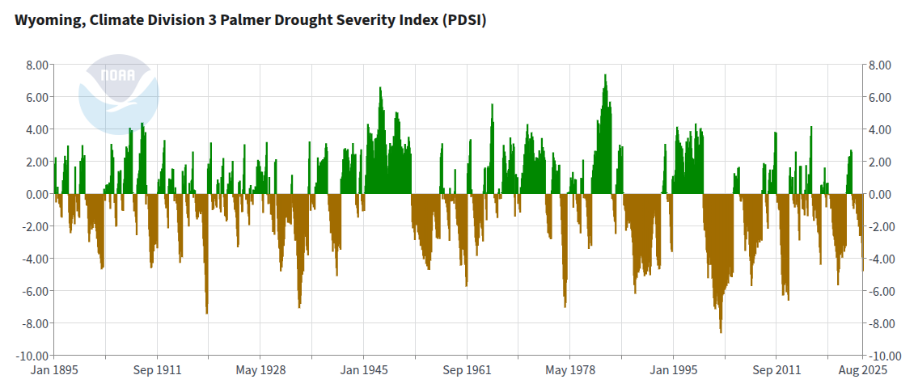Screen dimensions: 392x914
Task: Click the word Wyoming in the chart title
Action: click(x=42, y=20)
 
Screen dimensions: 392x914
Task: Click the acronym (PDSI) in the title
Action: click(x=463, y=20)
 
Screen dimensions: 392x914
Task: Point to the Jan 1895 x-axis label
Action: click(x=55, y=370)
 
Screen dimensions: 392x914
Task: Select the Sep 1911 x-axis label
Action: click(x=157, y=370)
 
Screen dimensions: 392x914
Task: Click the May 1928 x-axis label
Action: click(x=260, y=370)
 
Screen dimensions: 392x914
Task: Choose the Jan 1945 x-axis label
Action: click(x=364, y=370)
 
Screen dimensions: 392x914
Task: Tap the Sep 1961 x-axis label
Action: click(x=467, y=370)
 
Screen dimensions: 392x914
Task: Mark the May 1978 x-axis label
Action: click(x=570, y=370)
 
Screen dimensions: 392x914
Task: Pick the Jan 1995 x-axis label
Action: click(x=673, y=370)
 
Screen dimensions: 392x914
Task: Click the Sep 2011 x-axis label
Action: click(x=776, y=370)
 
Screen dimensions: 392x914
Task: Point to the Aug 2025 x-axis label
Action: click(x=862, y=370)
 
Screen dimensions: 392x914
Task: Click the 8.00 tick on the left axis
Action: click(x=37, y=65)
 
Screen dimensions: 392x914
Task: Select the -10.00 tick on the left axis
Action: click(x=33, y=356)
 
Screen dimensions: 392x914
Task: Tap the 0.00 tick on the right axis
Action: click(x=879, y=194)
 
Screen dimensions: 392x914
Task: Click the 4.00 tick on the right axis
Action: click(x=879, y=129)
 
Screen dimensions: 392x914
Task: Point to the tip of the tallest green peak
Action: click(x=605, y=75)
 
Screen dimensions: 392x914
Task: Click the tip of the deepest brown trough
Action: click(x=721, y=332)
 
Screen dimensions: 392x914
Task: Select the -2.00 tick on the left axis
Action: click(x=36, y=226)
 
